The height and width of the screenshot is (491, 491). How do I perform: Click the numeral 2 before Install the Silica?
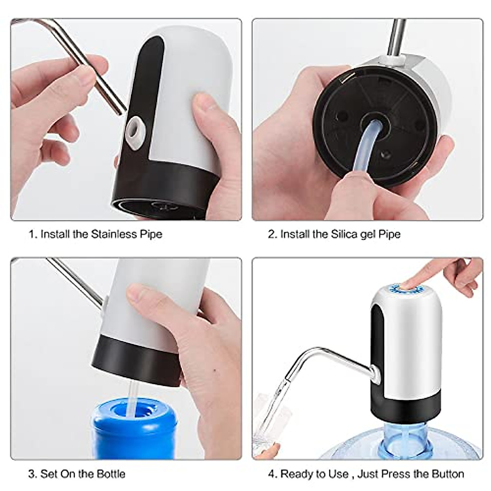click(271, 234)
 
